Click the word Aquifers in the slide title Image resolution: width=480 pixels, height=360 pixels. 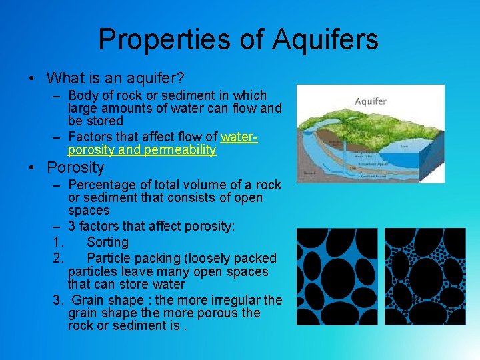[325, 39]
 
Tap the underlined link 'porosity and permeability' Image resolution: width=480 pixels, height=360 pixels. [142, 149]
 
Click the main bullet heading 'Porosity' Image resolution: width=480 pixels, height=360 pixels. [75, 167]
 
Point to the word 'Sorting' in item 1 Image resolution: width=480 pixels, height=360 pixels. [107, 242]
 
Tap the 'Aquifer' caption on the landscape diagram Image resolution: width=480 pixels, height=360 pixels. [371, 101]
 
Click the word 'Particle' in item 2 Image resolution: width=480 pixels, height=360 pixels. [109, 258]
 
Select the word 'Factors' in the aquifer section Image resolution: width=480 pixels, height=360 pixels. [91, 137]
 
